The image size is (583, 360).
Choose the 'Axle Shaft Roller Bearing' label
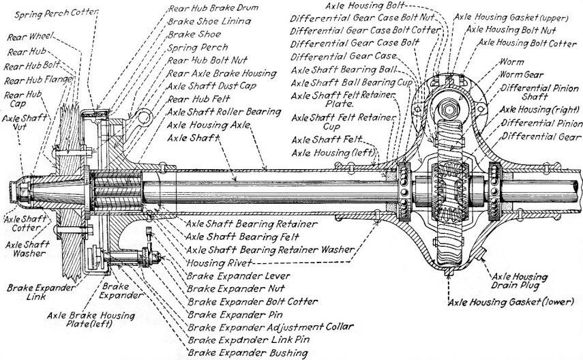pos(224,111)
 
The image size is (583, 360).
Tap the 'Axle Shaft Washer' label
pos(25,248)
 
